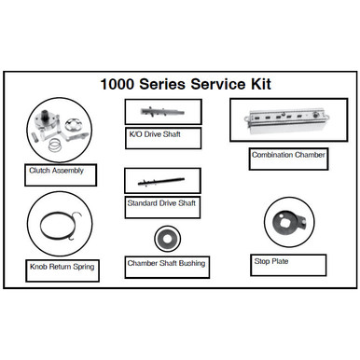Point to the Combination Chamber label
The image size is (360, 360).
tap(288, 155)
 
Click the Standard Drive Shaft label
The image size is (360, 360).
tap(162, 202)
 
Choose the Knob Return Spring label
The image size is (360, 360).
tap(60, 266)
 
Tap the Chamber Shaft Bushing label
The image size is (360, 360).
tap(166, 264)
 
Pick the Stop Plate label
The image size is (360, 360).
tap(271, 261)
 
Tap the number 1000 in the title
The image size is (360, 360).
tap(118, 84)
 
